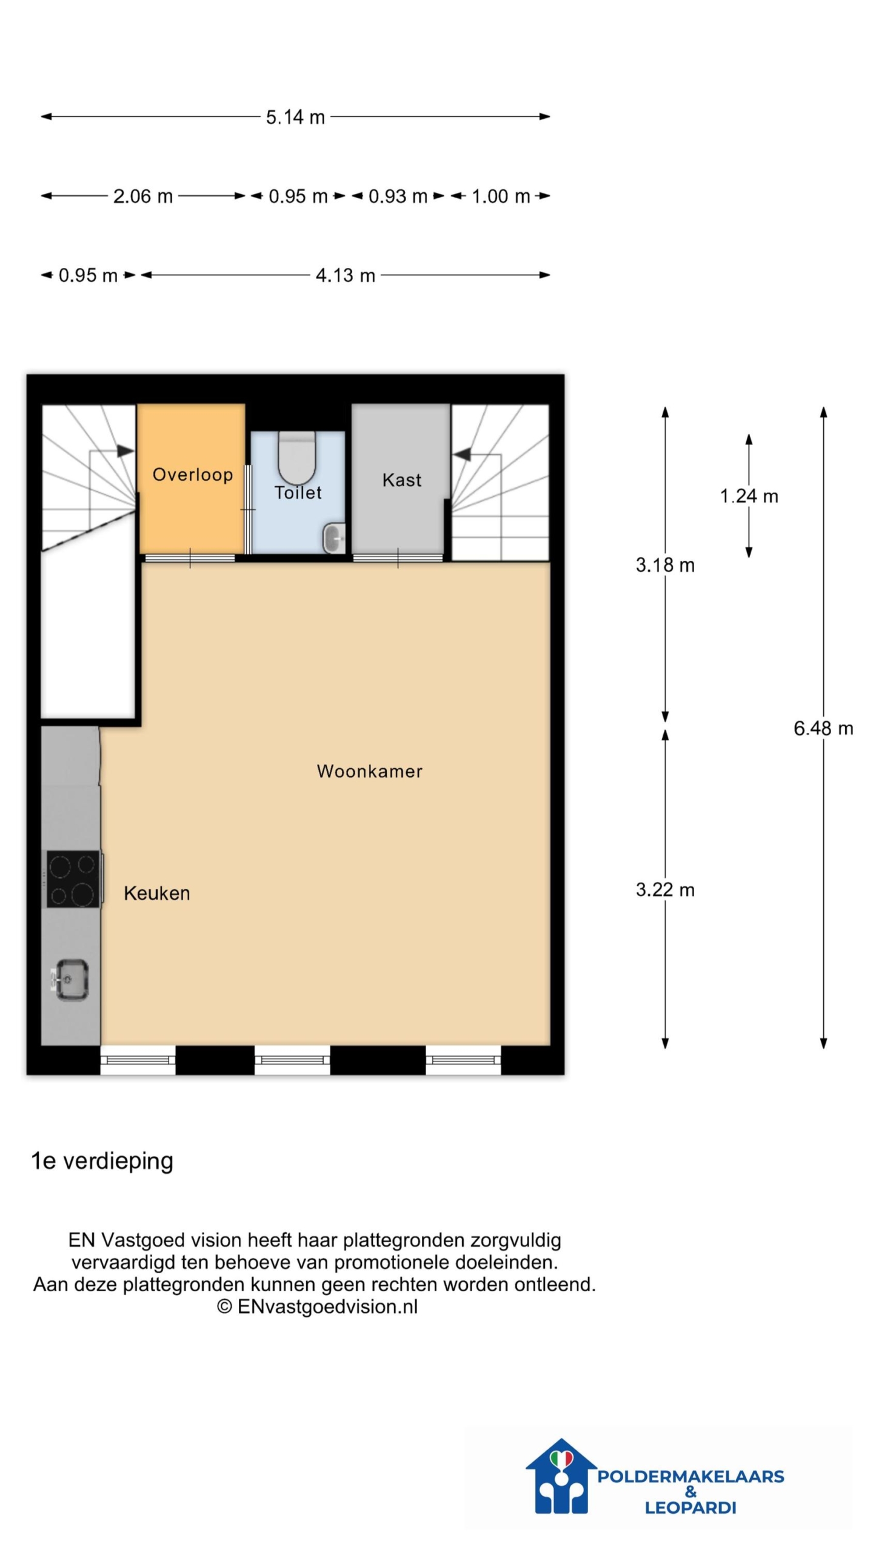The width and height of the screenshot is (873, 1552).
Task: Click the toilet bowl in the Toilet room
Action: point(297,458)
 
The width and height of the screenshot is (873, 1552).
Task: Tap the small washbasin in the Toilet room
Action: point(334,538)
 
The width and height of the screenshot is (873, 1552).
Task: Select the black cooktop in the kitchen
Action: point(73,878)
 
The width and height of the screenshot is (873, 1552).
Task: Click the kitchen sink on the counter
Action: point(70,978)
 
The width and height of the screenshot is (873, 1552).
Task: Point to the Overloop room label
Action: point(193,475)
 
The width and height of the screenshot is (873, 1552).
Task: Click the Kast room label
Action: point(401,480)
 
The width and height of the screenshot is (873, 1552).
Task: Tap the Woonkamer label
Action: point(370,771)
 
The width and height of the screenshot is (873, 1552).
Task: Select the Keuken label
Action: point(157,893)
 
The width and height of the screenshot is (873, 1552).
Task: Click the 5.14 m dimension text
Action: point(295,117)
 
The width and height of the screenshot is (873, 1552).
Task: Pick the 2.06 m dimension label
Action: point(143,196)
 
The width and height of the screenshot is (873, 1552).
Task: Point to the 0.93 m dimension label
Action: point(398,196)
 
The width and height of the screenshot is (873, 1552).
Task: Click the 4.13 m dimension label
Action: point(346,275)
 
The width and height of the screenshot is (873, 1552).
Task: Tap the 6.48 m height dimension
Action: point(823,728)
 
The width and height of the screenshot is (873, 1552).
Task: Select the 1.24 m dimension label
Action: point(749,496)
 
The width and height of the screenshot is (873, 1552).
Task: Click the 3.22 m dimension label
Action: point(665,889)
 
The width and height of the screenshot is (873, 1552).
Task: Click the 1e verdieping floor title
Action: point(102,1161)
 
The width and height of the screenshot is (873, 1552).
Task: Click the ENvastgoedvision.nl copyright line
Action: point(317,1306)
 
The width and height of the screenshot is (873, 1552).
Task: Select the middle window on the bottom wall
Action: point(292,1060)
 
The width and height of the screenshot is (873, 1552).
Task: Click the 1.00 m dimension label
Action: point(501,196)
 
